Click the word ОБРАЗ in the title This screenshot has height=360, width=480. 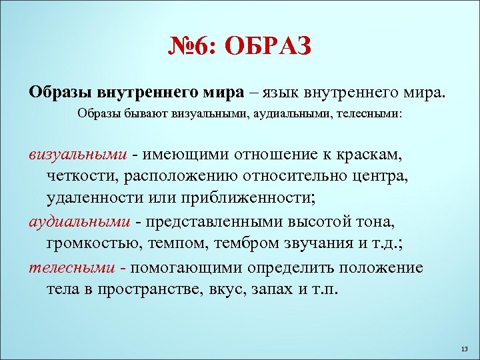pos(269,47)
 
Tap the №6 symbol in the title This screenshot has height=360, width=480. pos(189,47)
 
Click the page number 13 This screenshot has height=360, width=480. pos(465,349)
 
